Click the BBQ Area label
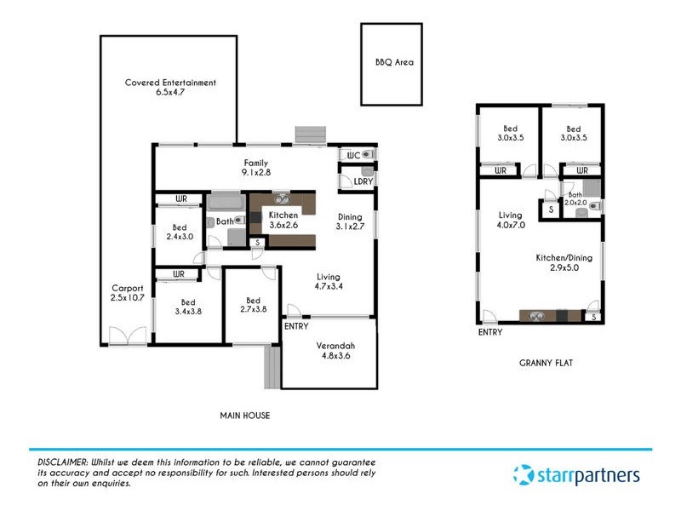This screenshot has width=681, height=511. pyautogui.click(x=394, y=62)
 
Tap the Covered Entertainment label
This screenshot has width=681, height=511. pyautogui.click(x=170, y=83)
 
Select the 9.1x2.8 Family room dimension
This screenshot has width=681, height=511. pyautogui.click(x=255, y=173)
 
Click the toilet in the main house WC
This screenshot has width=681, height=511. pyautogui.click(x=366, y=155)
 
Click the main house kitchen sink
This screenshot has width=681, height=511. pyautogui.click(x=281, y=200)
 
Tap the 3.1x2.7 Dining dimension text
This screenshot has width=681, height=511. pyautogui.click(x=350, y=227)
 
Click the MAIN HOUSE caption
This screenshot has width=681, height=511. pyautogui.click(x=245, y=416)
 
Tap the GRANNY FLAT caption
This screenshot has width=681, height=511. pyautogui.click(x=546, y=363)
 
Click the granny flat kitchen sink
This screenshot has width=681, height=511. pyautogui.click(x=537, y=316)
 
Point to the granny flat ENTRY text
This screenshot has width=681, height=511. pyautogui.click(x=491, y=332)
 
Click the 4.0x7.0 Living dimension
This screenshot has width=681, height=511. pyautogui.click(x=512, y=226)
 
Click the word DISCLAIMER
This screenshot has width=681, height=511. pyautogui.click(x=63, y=461)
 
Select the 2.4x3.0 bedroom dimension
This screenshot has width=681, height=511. pyautogui.click(x=180, y=238)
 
